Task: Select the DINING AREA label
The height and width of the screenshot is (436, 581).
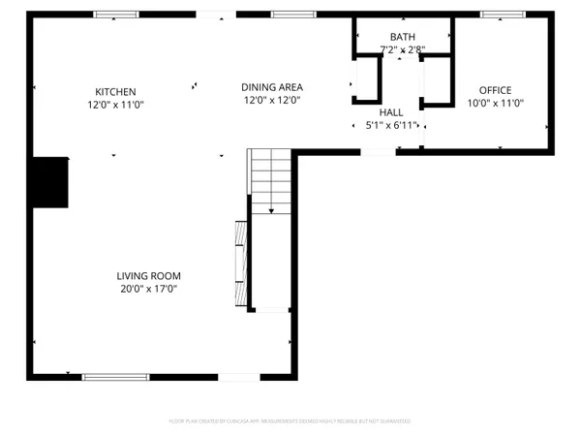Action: pos(272,87)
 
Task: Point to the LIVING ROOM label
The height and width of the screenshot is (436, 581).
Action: pos(149,275)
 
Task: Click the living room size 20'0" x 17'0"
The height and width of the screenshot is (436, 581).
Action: pos(149,289)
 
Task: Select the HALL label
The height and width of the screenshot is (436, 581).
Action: pos(391,111)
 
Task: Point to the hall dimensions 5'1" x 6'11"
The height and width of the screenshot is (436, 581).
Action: pos(391,125)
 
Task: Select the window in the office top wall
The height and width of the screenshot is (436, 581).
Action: pos(503,15)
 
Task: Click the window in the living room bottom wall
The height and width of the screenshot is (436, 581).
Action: pos(108,377)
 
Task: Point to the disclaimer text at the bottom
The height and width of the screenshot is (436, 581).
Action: pos(290,421)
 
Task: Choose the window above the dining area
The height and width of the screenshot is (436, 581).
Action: pos(287,15)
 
